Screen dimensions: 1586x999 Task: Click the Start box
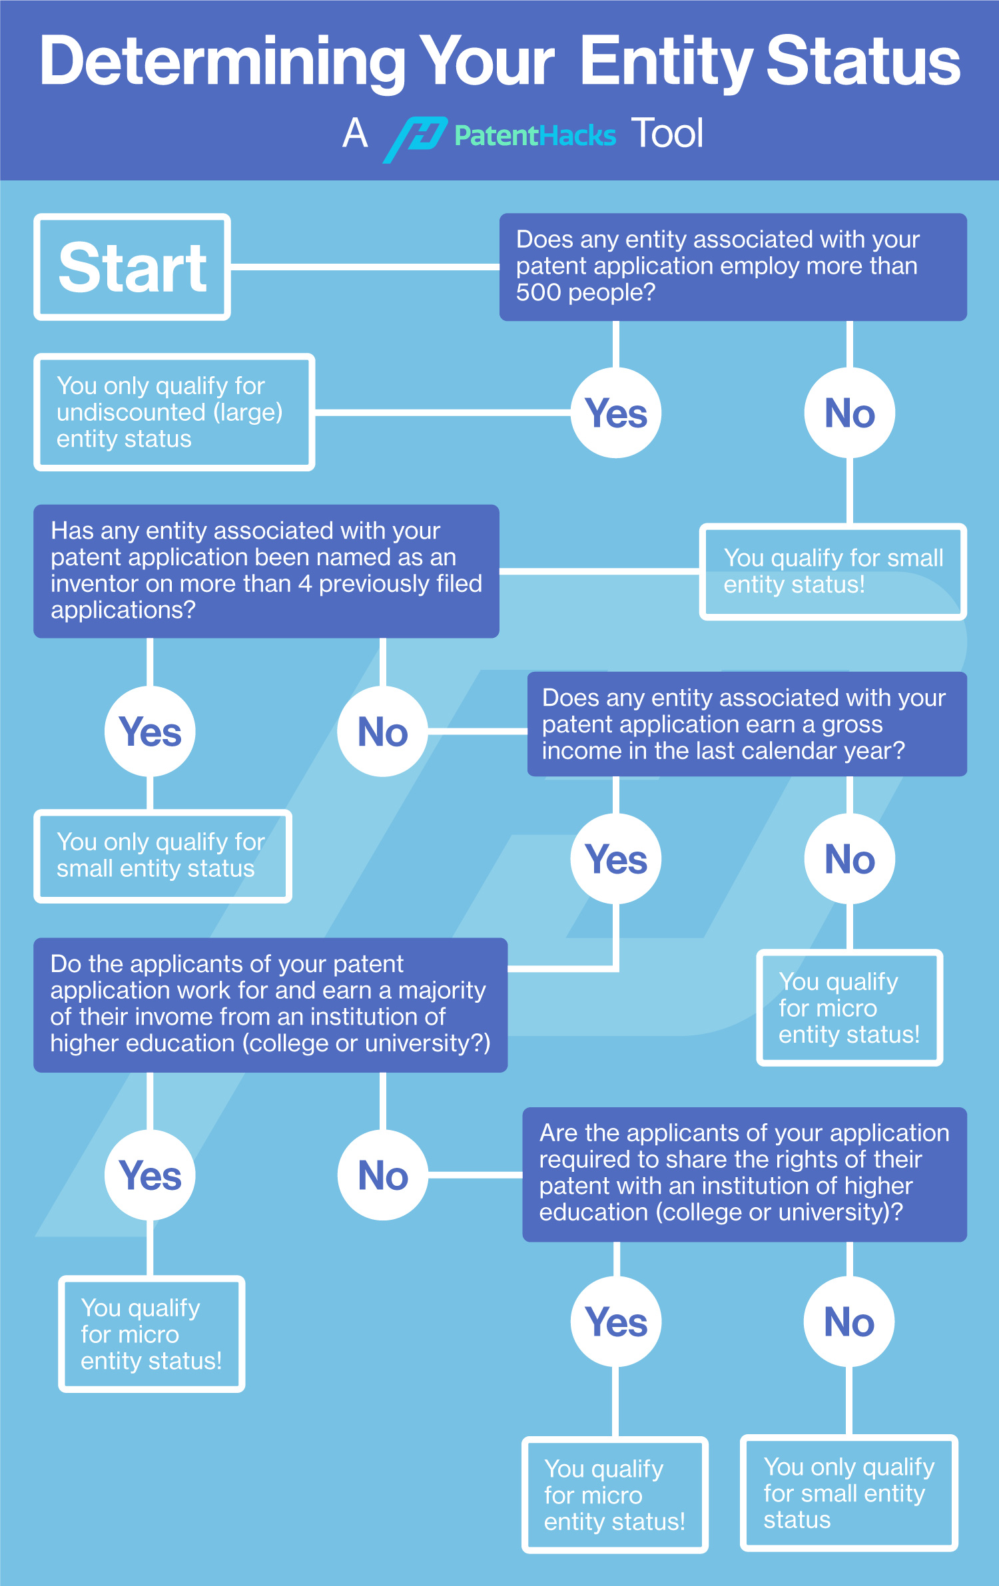point(132,267)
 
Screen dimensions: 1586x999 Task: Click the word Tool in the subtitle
point(667,133)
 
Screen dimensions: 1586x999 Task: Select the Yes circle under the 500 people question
point(616,413)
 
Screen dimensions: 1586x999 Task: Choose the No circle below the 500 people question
point(849,413)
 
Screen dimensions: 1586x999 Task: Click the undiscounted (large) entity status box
point(174,412)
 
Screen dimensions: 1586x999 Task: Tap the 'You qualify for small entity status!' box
point(832,571)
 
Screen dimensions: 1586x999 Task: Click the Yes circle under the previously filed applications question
point(150,732)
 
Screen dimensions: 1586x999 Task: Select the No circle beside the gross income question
point(382,732)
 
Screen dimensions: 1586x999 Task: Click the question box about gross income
point(747,724)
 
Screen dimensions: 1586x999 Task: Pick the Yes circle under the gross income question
point(616,859)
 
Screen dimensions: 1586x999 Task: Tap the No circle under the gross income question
point(849,859)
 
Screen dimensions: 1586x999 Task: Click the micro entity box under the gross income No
point(849,1007)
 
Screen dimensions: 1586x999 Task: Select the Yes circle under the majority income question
point(150,1175)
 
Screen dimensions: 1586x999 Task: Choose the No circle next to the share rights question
point(382,1175)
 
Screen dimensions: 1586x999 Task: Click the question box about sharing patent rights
point(744,1174)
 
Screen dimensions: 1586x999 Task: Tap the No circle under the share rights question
point(849,1322)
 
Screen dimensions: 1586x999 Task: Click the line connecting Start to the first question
point(365,267)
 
